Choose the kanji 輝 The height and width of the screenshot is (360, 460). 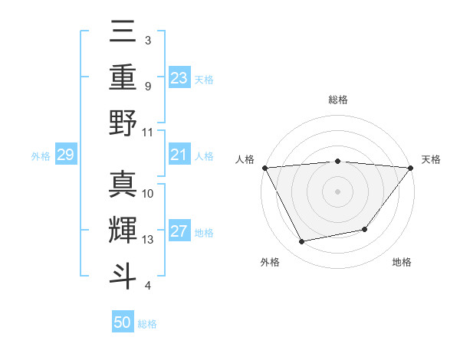coord(123,229)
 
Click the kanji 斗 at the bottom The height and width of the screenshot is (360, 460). coord(123,274)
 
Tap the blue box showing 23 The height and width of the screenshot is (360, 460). coord(179,77)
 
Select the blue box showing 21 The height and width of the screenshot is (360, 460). coord(179,155)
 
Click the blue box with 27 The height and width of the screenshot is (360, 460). coord(179,232)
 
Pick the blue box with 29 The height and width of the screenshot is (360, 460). coord(65,155)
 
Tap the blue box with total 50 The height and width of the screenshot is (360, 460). coord(123,322)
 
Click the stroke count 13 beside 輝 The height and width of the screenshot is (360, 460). coord(148,240)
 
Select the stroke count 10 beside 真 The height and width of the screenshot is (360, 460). coord(148,193)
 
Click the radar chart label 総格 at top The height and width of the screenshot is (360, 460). coord(337,100)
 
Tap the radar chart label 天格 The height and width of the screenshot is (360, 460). coord(431,159)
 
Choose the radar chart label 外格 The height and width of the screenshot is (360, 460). coord(270,262)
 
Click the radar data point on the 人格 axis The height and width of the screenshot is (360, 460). coord(264,168)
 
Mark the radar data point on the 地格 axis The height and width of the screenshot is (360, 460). coord(365,229)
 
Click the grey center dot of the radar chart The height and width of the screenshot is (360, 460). coord(337,191)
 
